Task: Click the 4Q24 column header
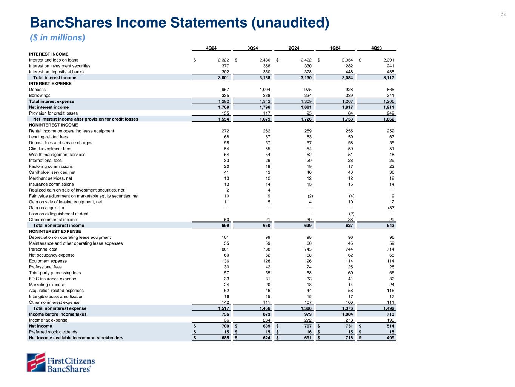click(x=211, y=48)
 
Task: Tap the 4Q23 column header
click(x=377, y=48)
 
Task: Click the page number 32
click(x=503, y=14)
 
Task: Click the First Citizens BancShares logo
click(x=60, y=362)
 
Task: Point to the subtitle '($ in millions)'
click(x=57, y=38)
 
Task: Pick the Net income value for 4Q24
click(x=224, y=326)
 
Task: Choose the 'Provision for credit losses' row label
click(x=53, y=113)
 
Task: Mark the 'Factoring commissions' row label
click(x=51, y=167)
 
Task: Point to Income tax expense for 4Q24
click(x=226, y=320)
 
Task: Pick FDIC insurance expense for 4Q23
click(x=391, y=279)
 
